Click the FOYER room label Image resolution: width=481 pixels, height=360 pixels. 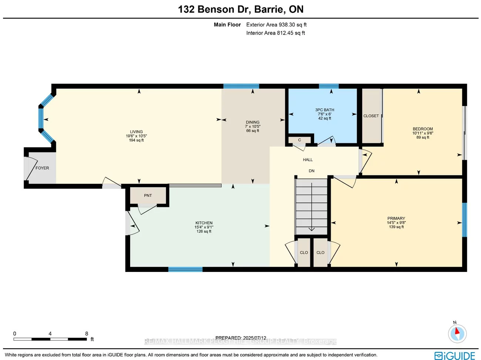(42, 168)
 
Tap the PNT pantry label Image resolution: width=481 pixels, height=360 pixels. (148, 195)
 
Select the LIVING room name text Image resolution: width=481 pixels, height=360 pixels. (136, 132)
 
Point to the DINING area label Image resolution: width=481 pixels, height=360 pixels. (253, 122)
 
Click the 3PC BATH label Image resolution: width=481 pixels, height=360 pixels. (324, 110)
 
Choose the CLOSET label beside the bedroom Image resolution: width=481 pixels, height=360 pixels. (371, 116)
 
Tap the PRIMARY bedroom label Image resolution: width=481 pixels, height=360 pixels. (396, 218)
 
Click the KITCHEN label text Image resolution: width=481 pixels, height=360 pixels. (204, 223)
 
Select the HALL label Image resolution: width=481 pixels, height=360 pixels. (308, 160)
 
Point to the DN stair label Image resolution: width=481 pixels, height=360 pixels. (312, 171)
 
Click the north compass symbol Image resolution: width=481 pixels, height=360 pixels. (457, 333)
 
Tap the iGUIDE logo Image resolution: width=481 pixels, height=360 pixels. (455, 356)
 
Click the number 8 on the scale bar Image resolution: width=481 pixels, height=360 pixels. (87, 334)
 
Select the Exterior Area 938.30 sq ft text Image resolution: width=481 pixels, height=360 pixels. (276, 25)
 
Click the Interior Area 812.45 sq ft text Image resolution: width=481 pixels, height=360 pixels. (276, 33)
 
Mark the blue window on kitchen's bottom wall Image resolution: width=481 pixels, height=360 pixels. (185, 269)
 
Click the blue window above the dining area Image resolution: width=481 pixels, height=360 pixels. (241, 86)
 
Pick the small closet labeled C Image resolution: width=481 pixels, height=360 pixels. (299, 140)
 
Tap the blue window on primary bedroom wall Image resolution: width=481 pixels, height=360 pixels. (465, 220)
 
